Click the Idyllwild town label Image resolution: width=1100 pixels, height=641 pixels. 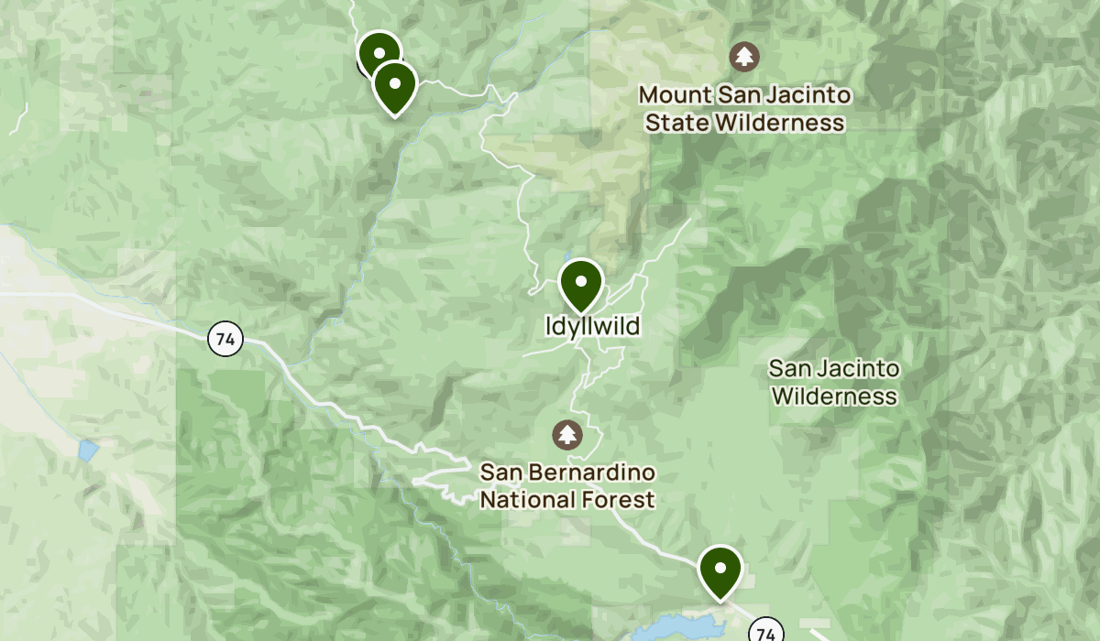579,326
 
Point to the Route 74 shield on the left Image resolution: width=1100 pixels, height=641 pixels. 225,340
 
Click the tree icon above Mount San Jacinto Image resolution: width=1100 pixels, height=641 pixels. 744,57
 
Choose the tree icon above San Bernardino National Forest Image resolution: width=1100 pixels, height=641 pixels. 568,434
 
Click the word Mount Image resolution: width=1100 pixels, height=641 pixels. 672,95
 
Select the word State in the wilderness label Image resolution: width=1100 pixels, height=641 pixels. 678,122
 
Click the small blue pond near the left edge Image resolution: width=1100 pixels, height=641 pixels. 88,450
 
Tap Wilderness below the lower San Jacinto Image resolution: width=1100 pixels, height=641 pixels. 833,397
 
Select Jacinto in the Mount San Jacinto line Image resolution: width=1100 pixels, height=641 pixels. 811,95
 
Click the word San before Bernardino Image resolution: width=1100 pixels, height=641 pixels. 500,473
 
